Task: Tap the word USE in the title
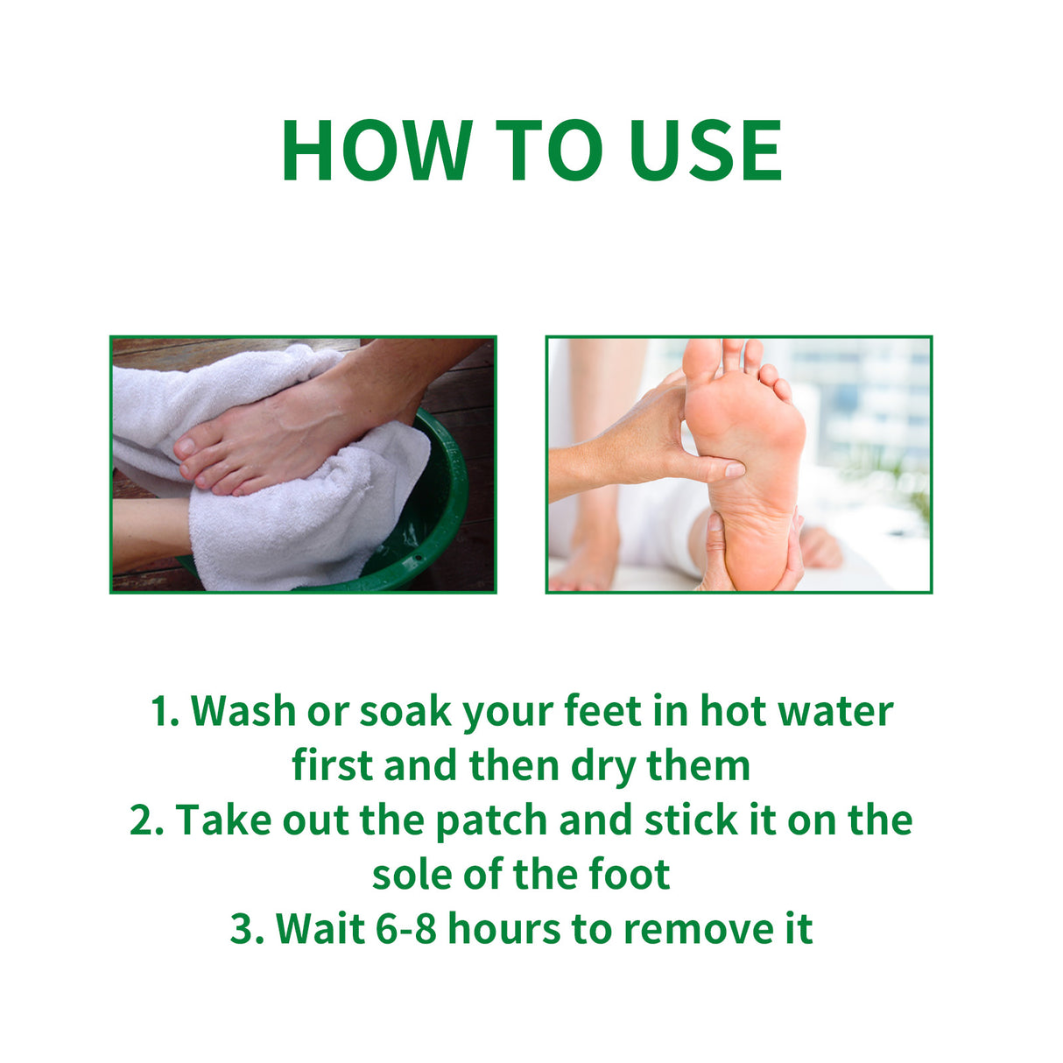[x=705, y=151]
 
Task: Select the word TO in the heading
[x=549, y=151]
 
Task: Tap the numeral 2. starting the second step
[x=146, y=820]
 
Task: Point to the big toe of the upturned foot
[x=700, y=359]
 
